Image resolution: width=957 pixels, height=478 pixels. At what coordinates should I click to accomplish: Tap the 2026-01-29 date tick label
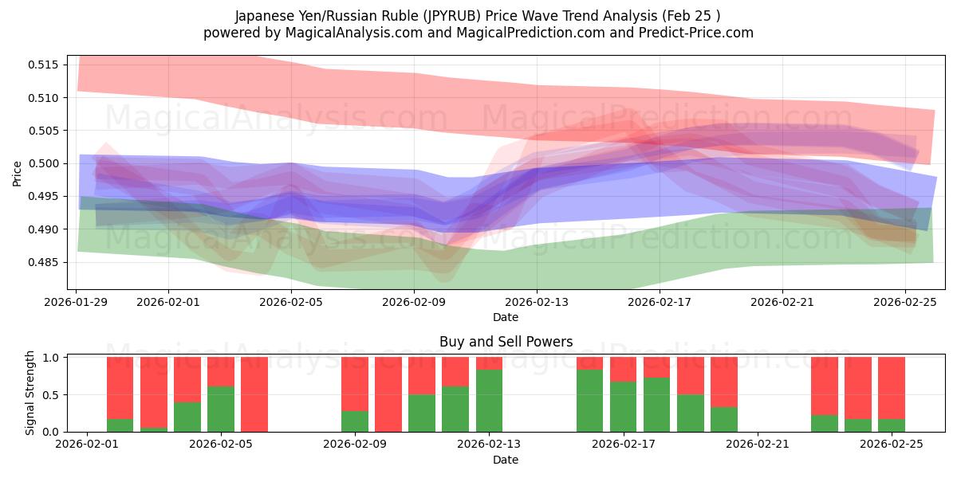click(x=77, y=303)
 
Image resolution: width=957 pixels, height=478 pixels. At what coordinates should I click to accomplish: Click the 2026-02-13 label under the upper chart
click(x=537, y=303)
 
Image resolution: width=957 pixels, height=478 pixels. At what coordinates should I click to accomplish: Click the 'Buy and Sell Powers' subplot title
click(x=506, y=342)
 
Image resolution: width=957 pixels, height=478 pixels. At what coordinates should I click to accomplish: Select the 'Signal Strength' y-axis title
click(x=30, y=393)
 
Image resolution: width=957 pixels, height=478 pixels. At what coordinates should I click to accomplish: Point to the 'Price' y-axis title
click(x=18, y=172)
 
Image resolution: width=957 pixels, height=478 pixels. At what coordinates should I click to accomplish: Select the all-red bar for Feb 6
click(x=254, y=394)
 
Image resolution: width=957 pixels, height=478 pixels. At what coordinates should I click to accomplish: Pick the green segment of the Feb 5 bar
click(x=221, y=409)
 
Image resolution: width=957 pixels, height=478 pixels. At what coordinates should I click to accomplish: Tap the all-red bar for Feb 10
click(x=388, y=394)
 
